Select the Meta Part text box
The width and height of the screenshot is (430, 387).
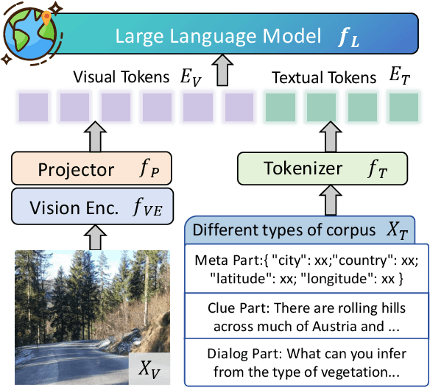point(306,269)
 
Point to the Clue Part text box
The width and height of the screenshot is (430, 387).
point(306,315)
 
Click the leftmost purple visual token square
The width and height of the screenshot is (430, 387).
point(31,106)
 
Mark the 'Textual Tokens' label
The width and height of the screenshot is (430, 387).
point(322,77)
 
